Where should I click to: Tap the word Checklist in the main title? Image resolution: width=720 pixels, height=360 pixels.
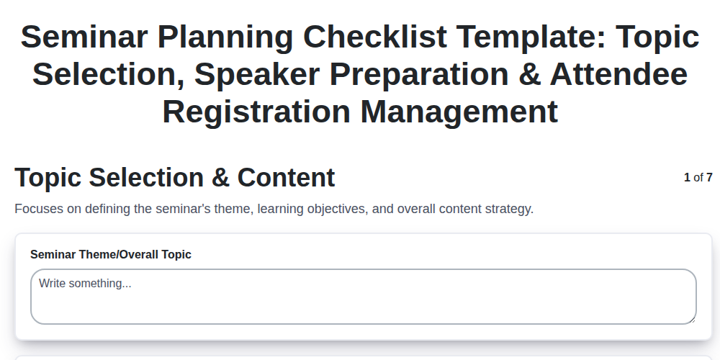(x=375, y=37)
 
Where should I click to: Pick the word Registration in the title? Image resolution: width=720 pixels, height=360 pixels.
(x=256, y=112)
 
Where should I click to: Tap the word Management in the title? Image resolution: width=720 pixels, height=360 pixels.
(x=459, y=112)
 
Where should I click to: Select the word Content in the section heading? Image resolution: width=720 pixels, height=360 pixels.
(x=286, y=177)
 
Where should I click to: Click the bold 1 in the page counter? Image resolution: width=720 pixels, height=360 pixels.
(x=687, y=177)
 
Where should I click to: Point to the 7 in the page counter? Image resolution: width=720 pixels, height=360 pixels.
(x=709, y=177)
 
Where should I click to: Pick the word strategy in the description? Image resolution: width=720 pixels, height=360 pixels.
(x=508, y=210)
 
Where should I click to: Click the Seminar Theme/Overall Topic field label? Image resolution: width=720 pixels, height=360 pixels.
(x=111, y=254)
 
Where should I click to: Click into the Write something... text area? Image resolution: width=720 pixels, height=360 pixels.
(x=363, y=297)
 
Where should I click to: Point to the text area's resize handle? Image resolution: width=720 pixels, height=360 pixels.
(x=692, y=320)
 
